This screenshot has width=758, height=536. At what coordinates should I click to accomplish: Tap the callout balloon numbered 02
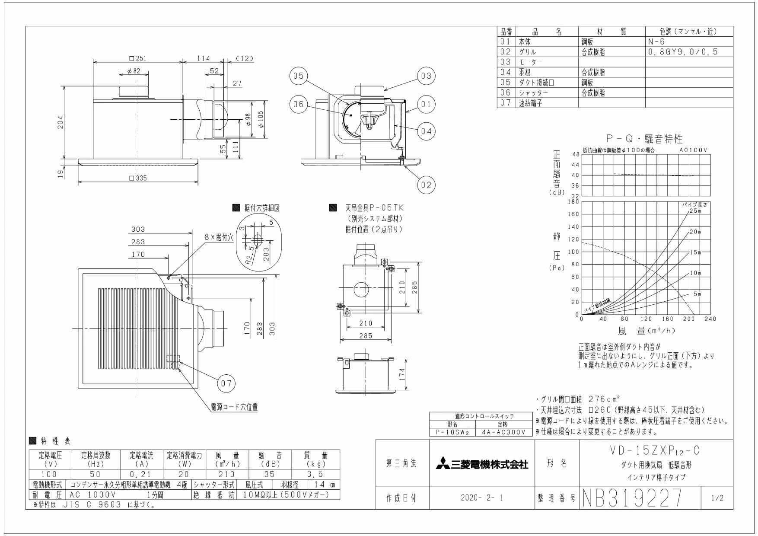click(x=426, y=185)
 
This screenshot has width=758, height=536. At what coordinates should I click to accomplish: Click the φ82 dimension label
click(x=134, y=71)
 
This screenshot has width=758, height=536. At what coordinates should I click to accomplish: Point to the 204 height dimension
click(x=61, y=122)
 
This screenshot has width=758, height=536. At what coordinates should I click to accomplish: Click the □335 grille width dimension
click(x=138, y=178)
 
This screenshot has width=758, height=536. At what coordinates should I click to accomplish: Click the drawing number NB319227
click(x=633, y=498)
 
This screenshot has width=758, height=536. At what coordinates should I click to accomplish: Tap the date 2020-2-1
click(x=482, y=498)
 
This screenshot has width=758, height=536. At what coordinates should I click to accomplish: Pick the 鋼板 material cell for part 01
click(x=587, y=42)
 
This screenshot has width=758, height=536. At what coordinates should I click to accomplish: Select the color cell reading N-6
click(x=656, y=42)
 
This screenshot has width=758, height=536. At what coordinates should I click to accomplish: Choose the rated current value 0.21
click(x=139, y=474)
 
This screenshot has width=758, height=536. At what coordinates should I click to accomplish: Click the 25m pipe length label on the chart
click(x=694, y=211)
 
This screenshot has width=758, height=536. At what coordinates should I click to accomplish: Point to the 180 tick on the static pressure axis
click(x=573, y=201)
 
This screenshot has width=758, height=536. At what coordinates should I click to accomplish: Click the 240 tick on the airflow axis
click(x=710, y=319)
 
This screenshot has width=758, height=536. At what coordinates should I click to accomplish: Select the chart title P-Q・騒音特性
click(x=644, y=139)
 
